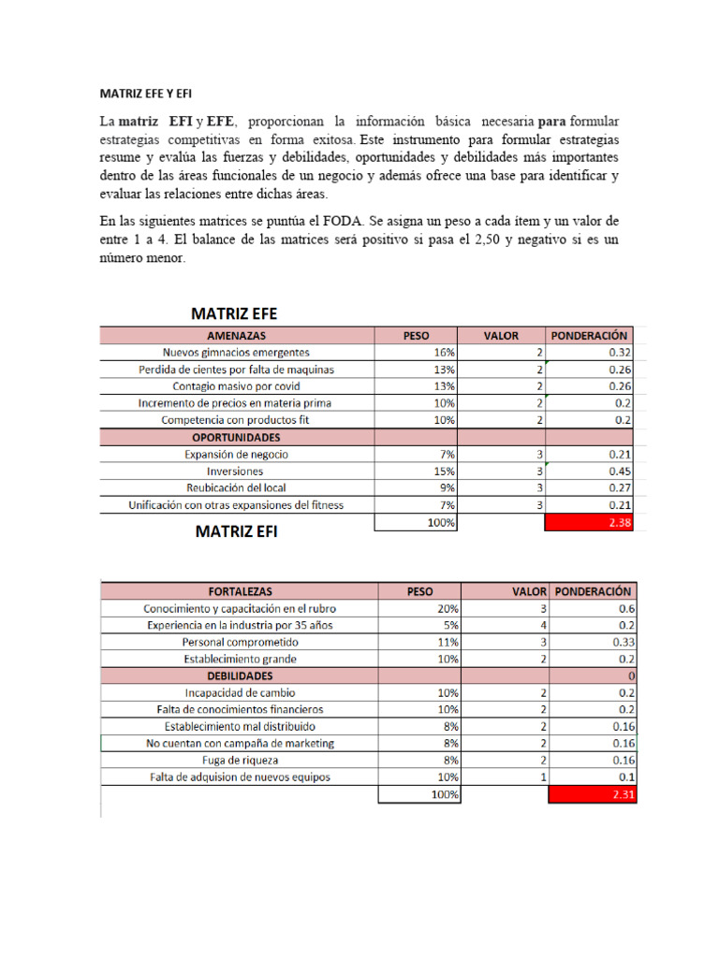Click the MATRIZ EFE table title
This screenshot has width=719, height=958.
pyautogui.click(x=234, y=313)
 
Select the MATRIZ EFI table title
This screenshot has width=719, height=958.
pyautogui.click(x=236, y=532)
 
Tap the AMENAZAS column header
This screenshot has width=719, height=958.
pyautogui.click(x=236, y=335)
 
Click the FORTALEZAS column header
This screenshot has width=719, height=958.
pyautogui.click(x=239, y=591)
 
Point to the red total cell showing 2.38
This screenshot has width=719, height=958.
pyautogui.click(x=590, y=524)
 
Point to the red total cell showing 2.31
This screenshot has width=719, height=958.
pyautogui.click(x=593, y=794)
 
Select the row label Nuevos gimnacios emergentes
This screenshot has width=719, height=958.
pyautogui.click(x=236, y=353)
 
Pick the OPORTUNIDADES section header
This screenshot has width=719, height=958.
pyautogui.click(x=236, y=437)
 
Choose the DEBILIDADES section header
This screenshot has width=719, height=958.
pyautogui.click(x=240, y=675)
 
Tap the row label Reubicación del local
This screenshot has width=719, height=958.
pyautogui.click(x=236, y=488)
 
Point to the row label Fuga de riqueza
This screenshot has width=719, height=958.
pyautogui.click(x=240, y=761)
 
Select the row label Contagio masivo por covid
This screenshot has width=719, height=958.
pyautogui.click(x=236, y=386)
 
